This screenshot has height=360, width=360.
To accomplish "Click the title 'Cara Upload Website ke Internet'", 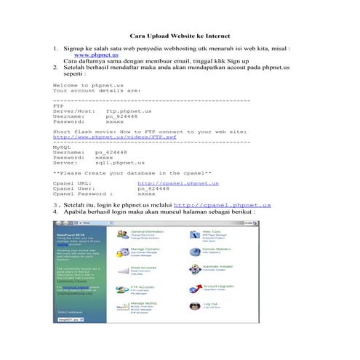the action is (179, 35).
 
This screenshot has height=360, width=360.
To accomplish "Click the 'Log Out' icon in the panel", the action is (193, 306).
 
